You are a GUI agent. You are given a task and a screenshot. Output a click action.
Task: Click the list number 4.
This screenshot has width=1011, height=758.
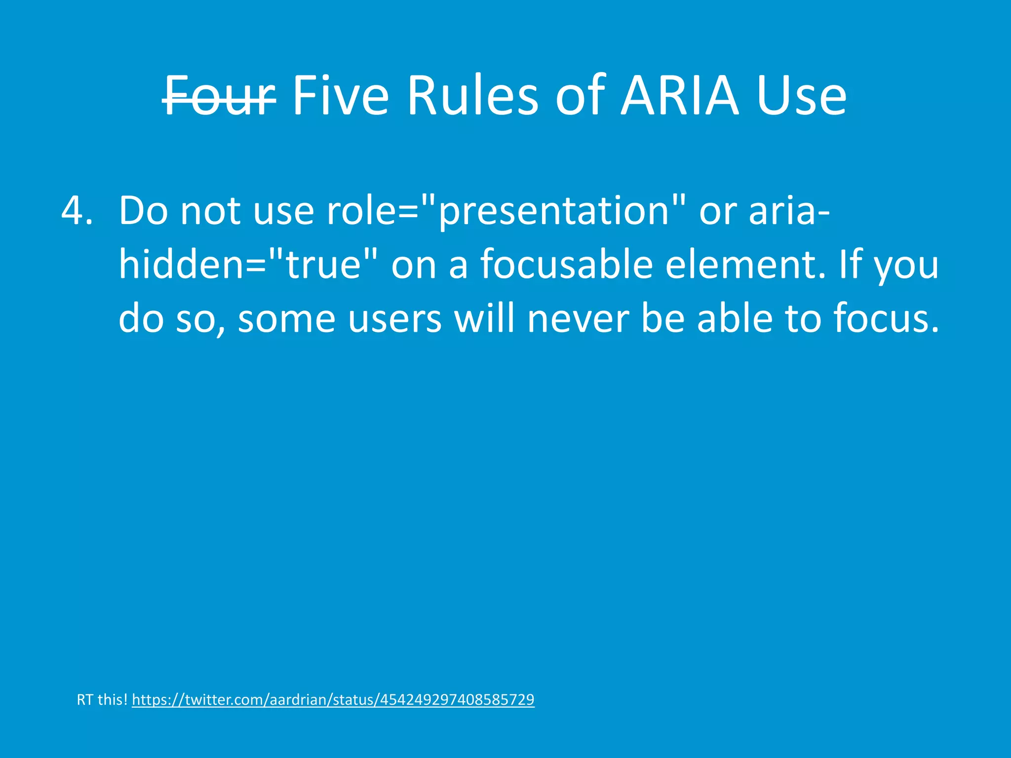point(77,211)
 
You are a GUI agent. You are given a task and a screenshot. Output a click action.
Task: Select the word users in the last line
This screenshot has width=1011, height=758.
point(394,319)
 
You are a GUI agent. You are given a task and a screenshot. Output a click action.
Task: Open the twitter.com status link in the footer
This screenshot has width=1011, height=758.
point(333,700)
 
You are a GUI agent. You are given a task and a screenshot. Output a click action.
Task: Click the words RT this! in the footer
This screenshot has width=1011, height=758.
point(102,700)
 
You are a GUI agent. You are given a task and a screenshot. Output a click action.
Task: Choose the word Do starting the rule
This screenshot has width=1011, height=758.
point(143,211)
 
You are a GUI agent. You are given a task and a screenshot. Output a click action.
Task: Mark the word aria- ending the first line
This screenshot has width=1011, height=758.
point(789,211)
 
